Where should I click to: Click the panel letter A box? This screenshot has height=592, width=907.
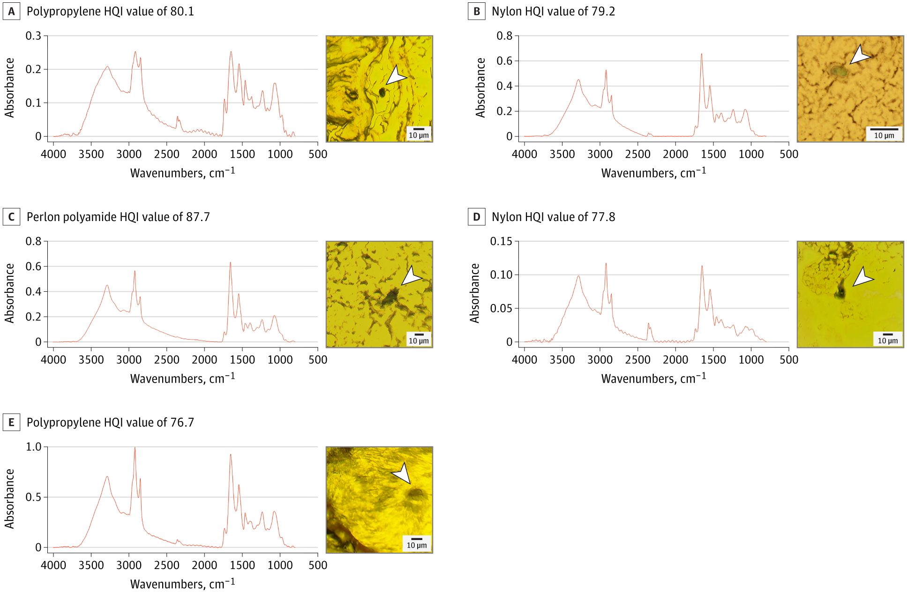(11, 12)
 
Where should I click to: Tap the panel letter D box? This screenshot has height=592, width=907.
(476, 217)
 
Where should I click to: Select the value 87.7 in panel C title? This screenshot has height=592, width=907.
(198, 217)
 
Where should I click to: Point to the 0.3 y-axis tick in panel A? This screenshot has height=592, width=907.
(33, 36)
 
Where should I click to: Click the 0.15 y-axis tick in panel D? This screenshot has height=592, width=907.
(501, 242)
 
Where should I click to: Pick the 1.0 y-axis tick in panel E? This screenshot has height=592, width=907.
(33, 447)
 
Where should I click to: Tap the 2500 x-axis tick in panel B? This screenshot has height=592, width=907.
(637, 154)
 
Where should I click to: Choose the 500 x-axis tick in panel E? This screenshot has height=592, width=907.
(318, 565)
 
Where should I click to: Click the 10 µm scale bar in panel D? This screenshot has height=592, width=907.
(887, 335)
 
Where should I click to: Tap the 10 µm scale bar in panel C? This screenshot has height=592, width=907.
(419, 335)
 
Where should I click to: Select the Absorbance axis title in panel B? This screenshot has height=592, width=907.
(480, 88)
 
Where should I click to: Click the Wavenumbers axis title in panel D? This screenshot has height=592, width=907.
(653, 378)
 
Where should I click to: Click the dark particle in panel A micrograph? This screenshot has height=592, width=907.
(382, 92)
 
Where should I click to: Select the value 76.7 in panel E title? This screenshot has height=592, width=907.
(182, 423)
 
